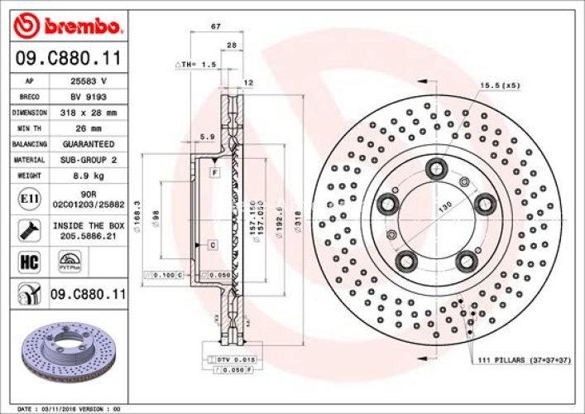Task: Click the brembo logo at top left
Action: (70, 27)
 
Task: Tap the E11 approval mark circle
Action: (25, 199)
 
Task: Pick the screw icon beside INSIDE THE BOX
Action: (25, 229)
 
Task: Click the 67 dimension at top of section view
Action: (216, 27)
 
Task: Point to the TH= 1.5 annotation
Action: (196, 64)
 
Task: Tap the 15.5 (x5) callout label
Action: (501, 85)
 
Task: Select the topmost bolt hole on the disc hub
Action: (434, 168)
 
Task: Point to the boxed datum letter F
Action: (213, 172)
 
